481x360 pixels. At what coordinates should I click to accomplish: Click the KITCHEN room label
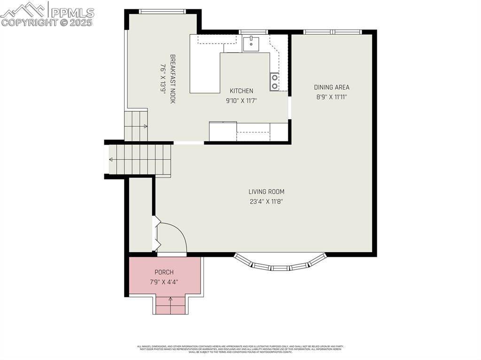241,91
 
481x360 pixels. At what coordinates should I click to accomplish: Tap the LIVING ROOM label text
266,191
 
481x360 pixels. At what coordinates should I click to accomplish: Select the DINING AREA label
332,87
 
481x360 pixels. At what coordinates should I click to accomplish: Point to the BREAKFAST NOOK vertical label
172,79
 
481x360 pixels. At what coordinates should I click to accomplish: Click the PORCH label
164,272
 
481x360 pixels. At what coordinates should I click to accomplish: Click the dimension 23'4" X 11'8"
266,202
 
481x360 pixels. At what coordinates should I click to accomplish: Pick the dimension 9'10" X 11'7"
241,100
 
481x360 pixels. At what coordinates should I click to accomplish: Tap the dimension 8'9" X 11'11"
332,97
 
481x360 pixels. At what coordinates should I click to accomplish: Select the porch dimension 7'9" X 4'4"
164,282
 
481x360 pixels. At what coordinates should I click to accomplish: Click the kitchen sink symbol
251,43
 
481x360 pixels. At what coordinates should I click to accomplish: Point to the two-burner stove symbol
274,81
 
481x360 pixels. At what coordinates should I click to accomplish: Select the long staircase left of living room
140,160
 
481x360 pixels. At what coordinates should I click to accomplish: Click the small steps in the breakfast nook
136,125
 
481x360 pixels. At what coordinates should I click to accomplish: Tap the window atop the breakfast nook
163,12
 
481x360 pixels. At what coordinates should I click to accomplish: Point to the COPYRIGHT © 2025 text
47,23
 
